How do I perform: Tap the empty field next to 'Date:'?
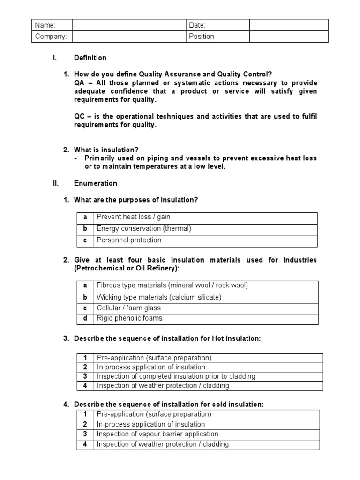click(x=288, y=25)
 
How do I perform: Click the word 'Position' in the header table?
click(x=201, y=37)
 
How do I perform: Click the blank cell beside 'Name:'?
click(x=128, y=25)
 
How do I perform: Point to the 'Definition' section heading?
click(x=90, y=58)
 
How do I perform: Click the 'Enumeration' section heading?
click(x=95, y=183)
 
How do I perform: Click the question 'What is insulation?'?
click(x=106, y=150)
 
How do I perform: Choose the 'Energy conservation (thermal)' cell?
click(x=144, y=229)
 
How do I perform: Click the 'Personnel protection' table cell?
click(x=129, y=240)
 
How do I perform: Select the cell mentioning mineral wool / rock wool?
click(x=172, y=285)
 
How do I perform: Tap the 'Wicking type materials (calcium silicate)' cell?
click(x=158, y=297)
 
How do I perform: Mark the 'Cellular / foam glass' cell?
click(x=128, y=308)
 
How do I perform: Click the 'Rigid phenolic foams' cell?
click(x=129, y=318)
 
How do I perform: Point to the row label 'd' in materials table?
click(x=85, y=318)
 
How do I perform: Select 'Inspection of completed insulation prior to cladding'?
click(x=176, y=376)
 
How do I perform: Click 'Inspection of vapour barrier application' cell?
click(x=157, y=434)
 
